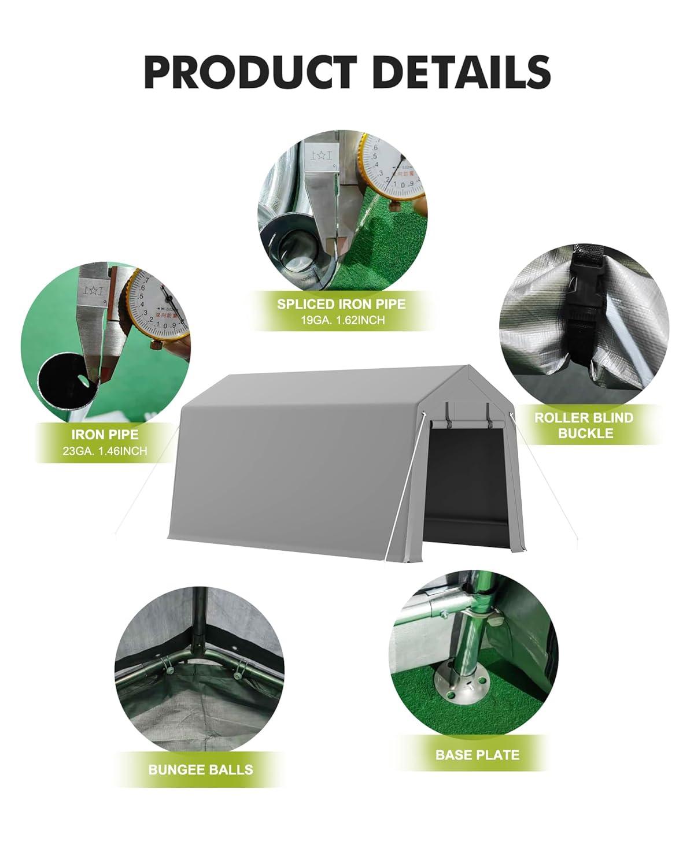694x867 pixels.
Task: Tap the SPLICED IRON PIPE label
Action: point(341,304)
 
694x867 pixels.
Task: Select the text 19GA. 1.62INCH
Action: point(341,320)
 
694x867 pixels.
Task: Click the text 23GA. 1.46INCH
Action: point(105,449)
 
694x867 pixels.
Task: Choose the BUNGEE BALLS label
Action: point(201,769)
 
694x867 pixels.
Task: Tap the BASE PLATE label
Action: point(478,754)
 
